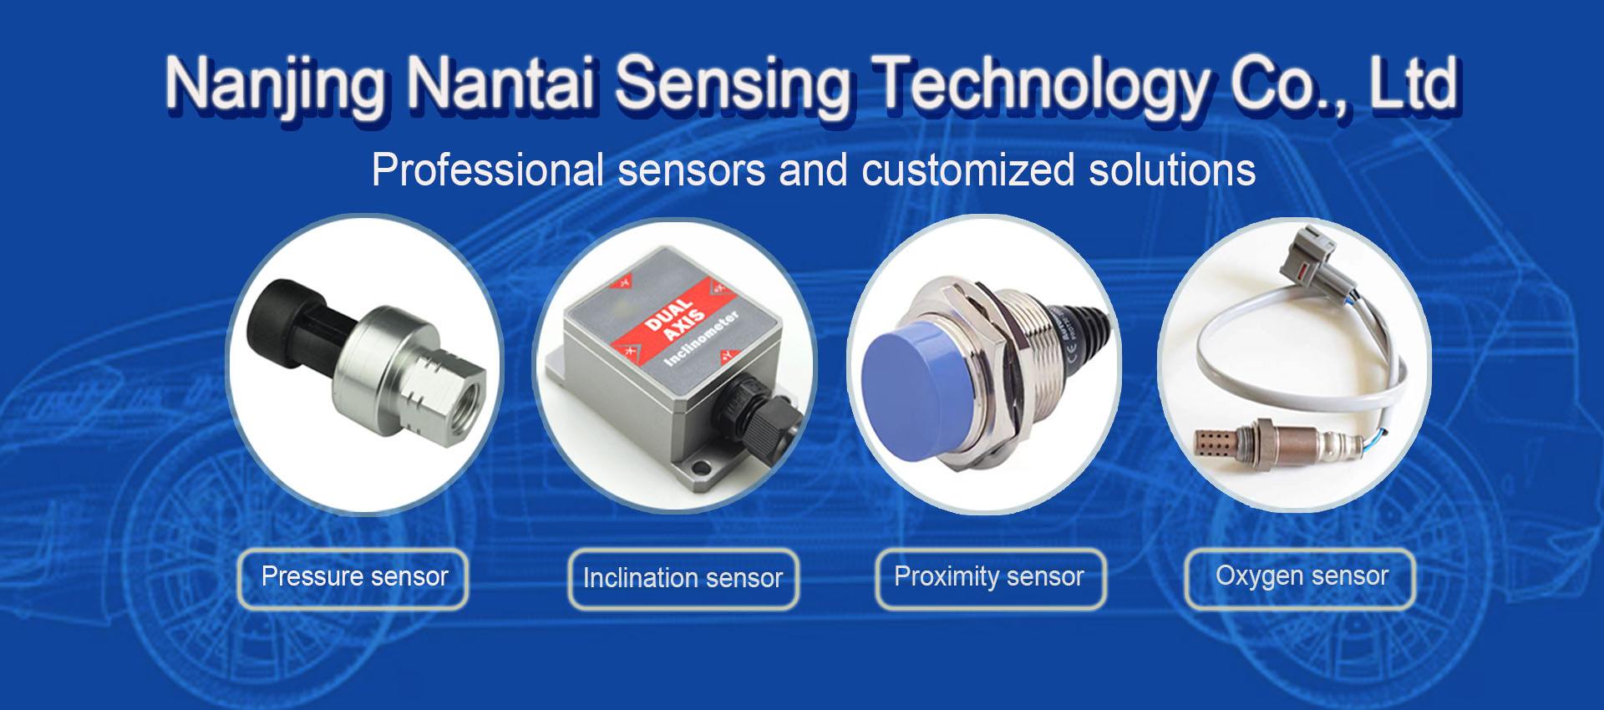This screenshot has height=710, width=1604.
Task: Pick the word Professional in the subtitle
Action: coord(488,170)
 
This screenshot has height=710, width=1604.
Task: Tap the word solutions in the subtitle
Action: coord(1172,170)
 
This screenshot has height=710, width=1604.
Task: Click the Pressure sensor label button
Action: coord(354,577)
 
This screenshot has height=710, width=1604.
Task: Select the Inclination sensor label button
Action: coord(683,578)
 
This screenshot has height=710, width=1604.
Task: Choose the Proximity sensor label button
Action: coord(989,577)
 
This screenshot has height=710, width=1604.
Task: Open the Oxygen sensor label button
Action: coord(1301,576)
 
